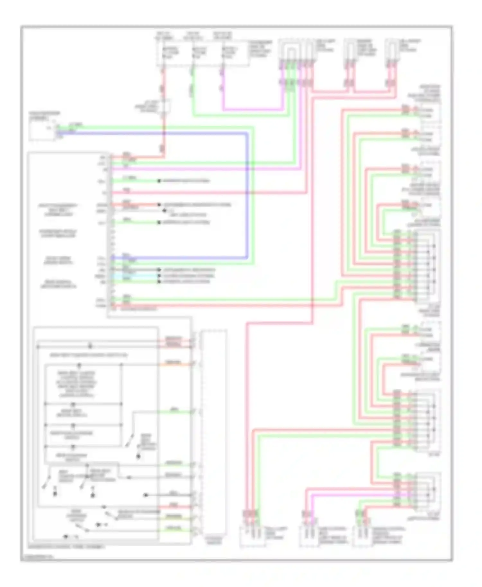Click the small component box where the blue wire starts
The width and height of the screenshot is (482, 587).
click(42, 130)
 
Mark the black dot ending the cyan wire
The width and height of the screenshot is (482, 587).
click(159, 276)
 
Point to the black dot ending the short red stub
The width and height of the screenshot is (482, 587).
click(159, 205)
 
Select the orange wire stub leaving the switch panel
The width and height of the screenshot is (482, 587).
click(174, 364)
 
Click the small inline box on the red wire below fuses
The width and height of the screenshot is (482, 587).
click(165, 106)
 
